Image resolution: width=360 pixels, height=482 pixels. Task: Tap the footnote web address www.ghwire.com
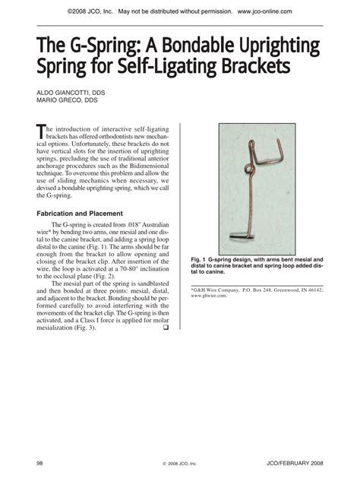210,296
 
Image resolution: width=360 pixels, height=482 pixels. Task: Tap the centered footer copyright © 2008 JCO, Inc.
179,463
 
